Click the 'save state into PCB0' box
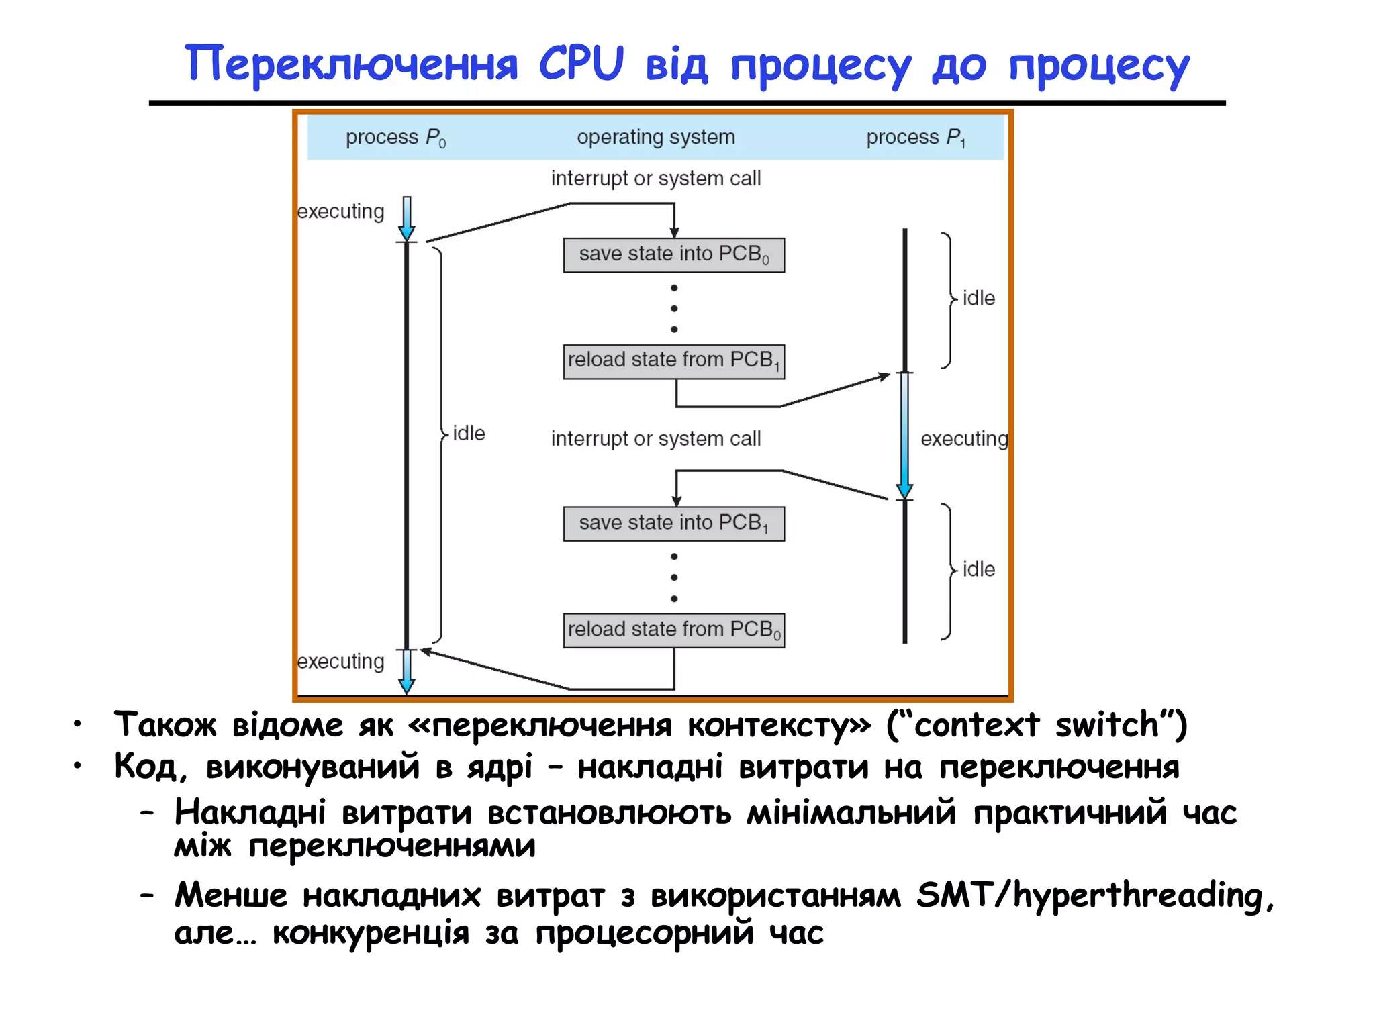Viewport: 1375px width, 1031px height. point(673,255)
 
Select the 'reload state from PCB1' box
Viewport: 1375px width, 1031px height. point(673,361)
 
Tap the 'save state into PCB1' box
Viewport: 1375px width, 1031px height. point(673,524)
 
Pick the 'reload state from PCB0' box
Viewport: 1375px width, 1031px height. point(673,630)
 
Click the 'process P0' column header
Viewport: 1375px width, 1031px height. point(395,138)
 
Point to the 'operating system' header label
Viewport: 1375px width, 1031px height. point(656,137)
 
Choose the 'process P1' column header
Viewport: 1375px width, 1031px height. point(916,138)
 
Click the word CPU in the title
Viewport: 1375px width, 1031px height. point(581,64)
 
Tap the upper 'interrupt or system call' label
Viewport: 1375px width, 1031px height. point(656,179)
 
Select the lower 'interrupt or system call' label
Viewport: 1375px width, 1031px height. point(656,439)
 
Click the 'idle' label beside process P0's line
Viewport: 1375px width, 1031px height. point(469,434)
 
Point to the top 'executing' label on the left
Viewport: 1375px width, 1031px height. point(341,211)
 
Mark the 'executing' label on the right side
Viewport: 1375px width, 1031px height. point(964,439)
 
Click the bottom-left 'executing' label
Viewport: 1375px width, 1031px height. point(341,662)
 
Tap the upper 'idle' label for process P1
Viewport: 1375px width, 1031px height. point(978,298)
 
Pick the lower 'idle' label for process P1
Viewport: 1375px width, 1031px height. point(978,569)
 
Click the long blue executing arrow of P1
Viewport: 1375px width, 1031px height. point(904,436)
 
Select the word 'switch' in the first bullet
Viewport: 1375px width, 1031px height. point(1106,725)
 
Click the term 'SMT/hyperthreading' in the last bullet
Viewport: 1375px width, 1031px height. point(1095,895)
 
